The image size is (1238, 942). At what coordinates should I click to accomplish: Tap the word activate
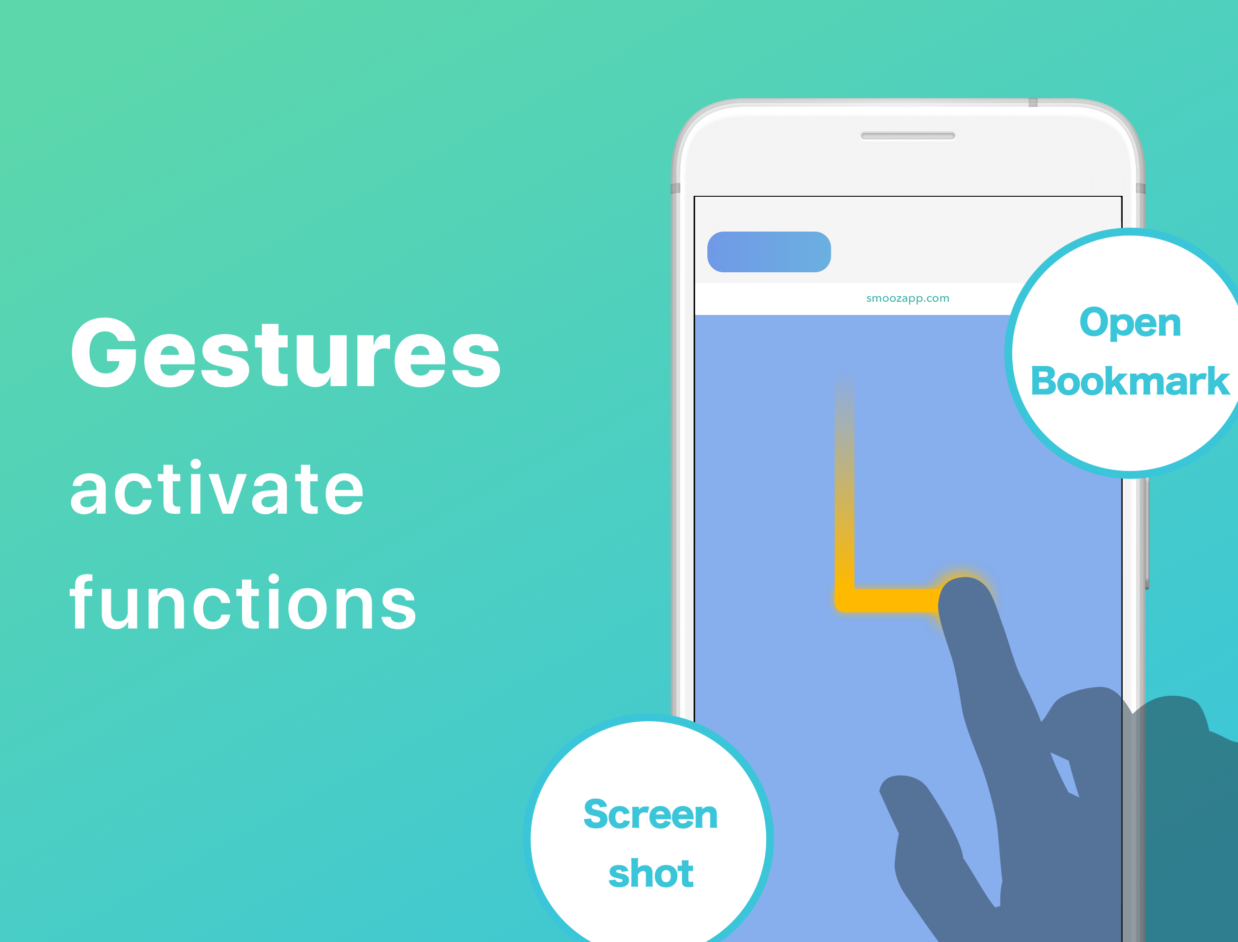[x=217, y=487]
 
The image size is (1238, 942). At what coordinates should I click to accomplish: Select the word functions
[x=243, y=602]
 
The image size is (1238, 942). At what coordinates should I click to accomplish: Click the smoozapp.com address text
[x=908, y=298]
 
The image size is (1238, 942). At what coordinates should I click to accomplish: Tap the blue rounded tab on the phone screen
[x=769, y=252]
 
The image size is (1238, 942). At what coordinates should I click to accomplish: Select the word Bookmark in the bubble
[x=1130, y=381]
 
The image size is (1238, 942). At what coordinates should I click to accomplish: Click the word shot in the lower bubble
[x=651, y=873]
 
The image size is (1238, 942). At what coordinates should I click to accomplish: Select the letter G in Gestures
[x=105, y=352]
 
